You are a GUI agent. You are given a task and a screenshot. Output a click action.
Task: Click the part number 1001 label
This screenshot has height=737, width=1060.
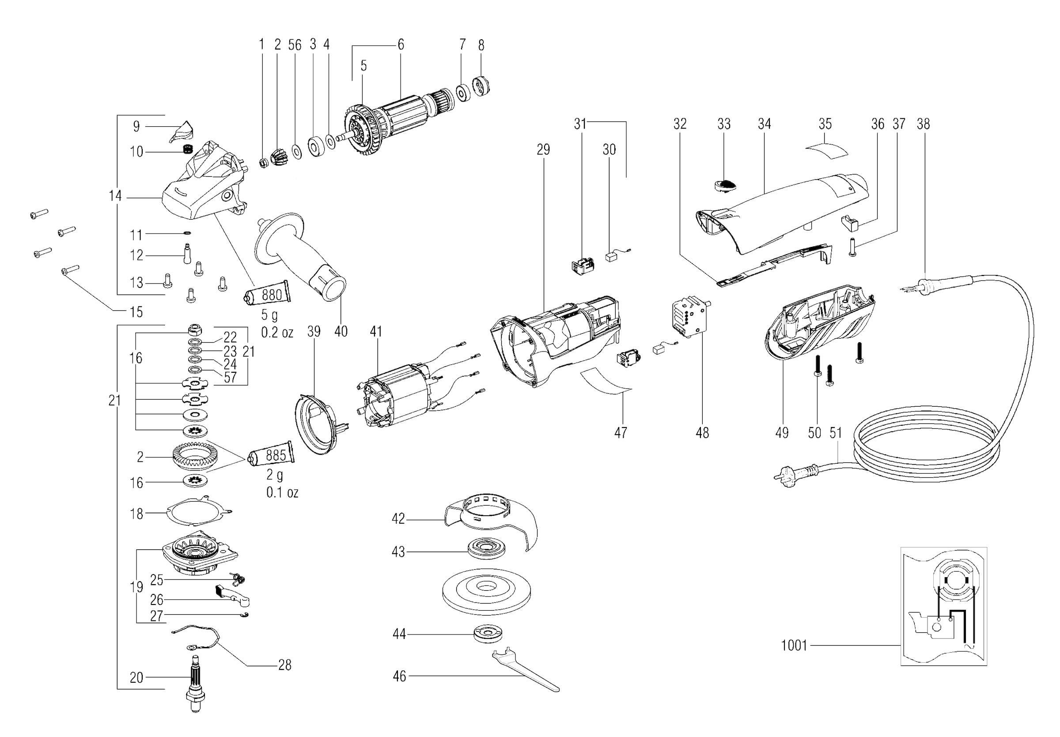[794, 645]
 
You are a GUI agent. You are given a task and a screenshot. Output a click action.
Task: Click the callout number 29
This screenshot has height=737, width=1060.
[543, 150]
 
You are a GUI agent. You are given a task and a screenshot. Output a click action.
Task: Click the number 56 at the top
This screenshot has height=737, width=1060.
[295, 45]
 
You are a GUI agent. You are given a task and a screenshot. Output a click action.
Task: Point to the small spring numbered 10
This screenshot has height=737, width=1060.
[187, 150]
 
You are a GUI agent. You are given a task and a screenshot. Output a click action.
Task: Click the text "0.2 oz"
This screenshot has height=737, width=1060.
[277, 332]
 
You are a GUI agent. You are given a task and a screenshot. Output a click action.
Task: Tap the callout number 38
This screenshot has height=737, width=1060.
[924, 124]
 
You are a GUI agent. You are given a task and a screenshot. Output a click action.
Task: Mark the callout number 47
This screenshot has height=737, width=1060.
[621, 432]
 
